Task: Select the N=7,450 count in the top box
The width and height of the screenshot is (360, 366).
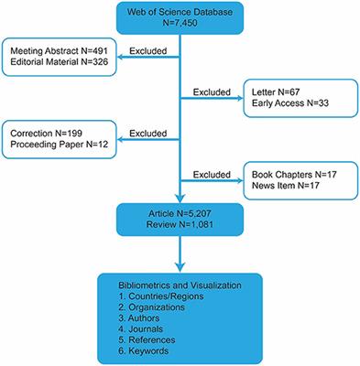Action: tap(179, 27)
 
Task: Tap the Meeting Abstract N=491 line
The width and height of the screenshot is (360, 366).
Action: tap(56, 52)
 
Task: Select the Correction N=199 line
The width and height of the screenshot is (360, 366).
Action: tap(47, 134)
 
